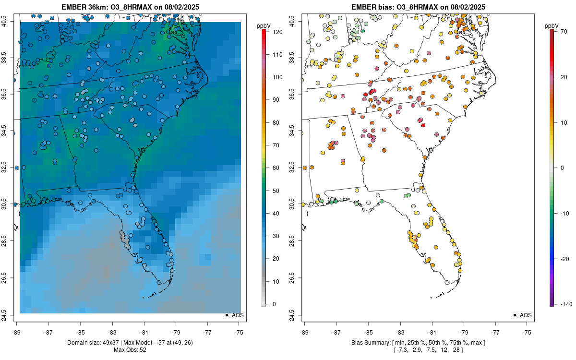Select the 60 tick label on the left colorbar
click(x=276, y=168)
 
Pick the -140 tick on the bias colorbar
click(x=563, y=304)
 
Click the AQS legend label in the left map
click(x=238, y=315)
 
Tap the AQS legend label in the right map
click(x=526, y=315)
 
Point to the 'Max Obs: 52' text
click(x=130, y=349)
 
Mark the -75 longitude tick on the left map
click(x=239, y=332)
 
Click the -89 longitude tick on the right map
click(x=304, y=332)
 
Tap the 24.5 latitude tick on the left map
click(x=10, y=315)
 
